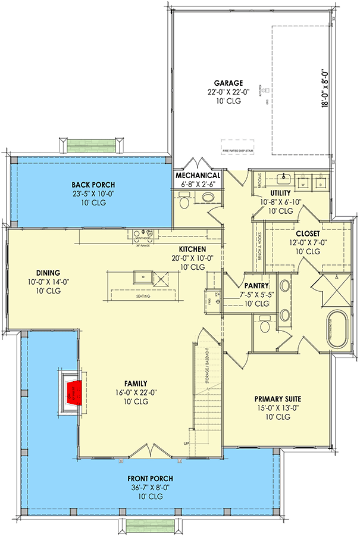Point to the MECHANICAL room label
[198, 176]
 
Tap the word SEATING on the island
[143, 296]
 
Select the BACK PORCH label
[93, 185]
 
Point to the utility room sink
[285, 178]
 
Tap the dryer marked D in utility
[320, 185]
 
